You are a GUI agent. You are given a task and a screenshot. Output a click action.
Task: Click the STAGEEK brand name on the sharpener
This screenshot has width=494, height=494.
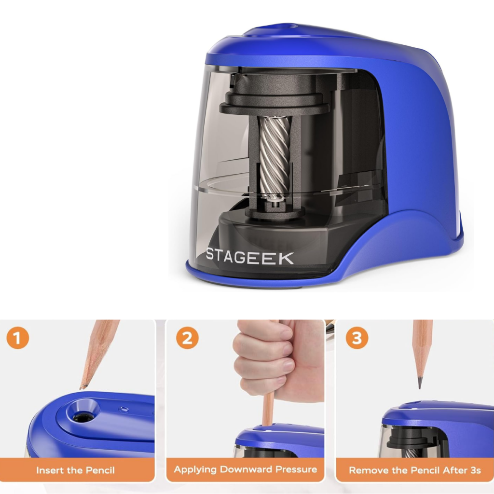[249, 257]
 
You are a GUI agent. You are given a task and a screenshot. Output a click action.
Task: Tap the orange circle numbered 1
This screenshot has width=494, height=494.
[18, 338]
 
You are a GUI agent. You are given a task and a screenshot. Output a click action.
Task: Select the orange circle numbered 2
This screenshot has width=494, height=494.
[187, 338]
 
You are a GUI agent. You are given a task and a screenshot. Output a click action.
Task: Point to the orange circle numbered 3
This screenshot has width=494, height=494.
[357, 338]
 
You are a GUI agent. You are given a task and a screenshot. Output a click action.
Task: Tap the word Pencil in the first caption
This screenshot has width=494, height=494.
[100, 470]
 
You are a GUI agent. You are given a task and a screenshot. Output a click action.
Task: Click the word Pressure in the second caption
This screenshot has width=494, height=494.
[297, 469]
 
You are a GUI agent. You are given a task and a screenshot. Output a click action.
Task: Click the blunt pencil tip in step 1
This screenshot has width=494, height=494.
[82, 386]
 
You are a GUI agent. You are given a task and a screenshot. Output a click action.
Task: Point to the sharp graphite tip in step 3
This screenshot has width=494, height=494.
[420, 382]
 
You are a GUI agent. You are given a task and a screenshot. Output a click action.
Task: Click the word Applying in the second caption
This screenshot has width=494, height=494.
[195, 469]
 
